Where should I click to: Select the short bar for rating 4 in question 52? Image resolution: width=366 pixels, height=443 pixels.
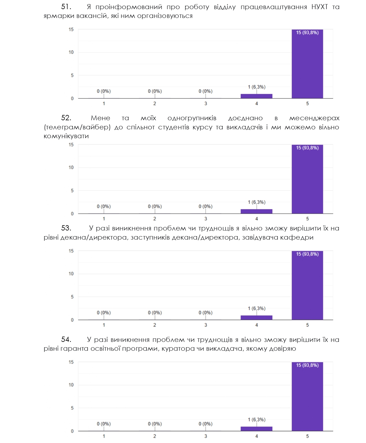256,211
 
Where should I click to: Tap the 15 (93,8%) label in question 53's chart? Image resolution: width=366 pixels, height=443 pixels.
307,254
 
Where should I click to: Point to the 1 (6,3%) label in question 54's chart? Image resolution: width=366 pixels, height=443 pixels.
256,419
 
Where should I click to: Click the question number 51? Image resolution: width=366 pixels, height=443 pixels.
66,7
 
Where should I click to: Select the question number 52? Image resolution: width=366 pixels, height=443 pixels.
66,118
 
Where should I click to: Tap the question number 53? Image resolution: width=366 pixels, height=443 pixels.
66,228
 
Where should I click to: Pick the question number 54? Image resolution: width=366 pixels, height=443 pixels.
66,340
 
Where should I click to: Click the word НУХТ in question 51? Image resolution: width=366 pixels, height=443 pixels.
319,7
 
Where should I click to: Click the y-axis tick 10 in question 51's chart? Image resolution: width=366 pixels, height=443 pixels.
71,52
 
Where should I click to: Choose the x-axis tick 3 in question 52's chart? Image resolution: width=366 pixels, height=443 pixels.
206,219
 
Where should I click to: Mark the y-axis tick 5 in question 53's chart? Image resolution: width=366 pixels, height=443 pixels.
72,297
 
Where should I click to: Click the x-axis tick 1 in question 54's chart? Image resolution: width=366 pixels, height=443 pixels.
104,436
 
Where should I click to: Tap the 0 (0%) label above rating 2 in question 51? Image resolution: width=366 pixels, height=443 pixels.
155,91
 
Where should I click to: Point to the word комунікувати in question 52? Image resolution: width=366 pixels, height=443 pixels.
66,136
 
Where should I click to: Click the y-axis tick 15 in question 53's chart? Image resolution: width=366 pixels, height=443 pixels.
71,251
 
